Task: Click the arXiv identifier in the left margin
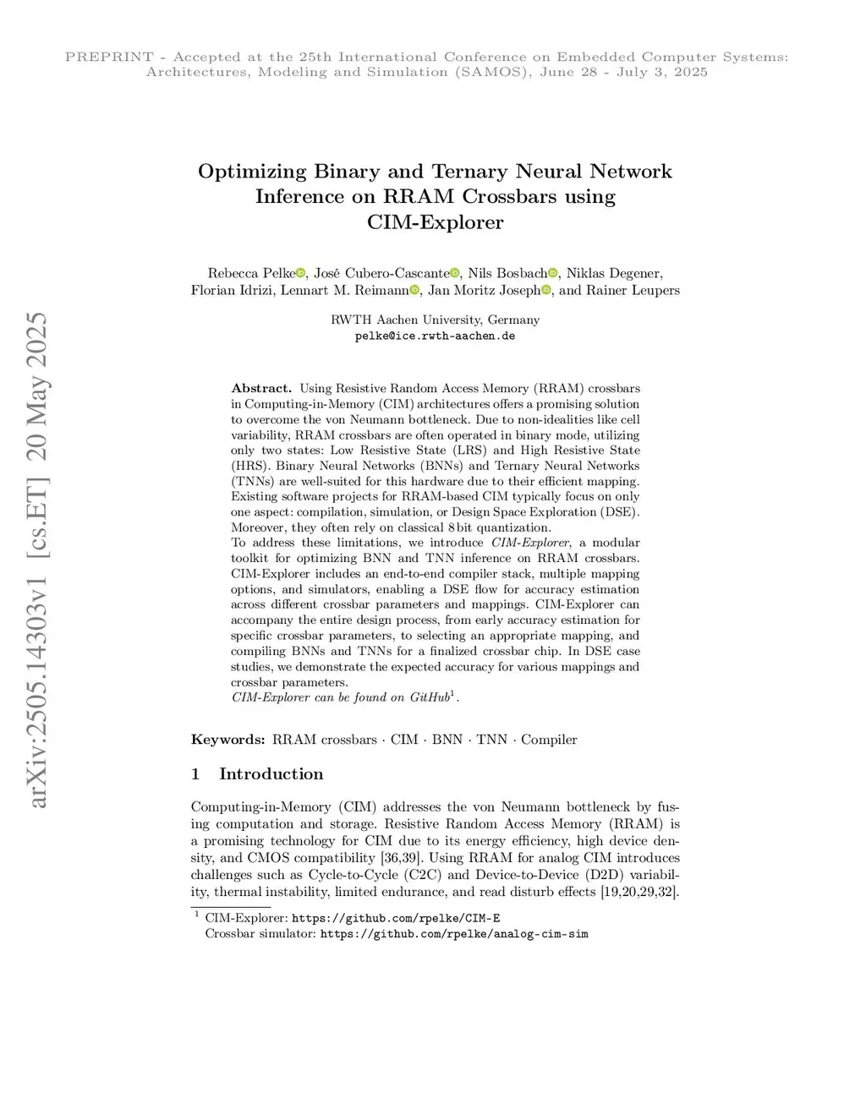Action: click(x=39, y=560)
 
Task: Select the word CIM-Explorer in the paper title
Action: click(x=435, y=222)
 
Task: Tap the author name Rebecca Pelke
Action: click(x=251, y=273)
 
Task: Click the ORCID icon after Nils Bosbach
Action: click(x=553, y=273)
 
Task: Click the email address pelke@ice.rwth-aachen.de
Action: click(x=435, y=336)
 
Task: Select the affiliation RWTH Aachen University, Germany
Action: click(x=435, y=320)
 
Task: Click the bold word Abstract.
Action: click(x=261, y=389)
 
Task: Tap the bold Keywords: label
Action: click(x=228, y=740)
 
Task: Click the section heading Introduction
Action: click(x=271, y=774)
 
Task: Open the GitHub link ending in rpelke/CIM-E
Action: click(x=396, y=918)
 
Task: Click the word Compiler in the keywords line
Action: click(x=549, y=740)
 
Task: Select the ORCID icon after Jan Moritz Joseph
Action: click(x=545, y=291)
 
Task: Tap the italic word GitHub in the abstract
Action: click(x=430, y=697)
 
